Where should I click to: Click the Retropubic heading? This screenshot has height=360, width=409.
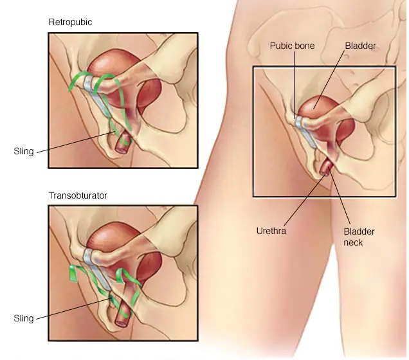tap(69, 22)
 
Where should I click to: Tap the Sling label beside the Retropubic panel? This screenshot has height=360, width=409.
tap(23, 152)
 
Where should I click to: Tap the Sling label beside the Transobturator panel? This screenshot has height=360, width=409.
tap(23, 318)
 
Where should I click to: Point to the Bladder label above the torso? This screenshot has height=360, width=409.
tap(360, 46)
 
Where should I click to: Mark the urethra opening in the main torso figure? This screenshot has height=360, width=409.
tap(324, 170)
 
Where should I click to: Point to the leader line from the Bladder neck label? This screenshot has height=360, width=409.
tap(341, 199)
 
